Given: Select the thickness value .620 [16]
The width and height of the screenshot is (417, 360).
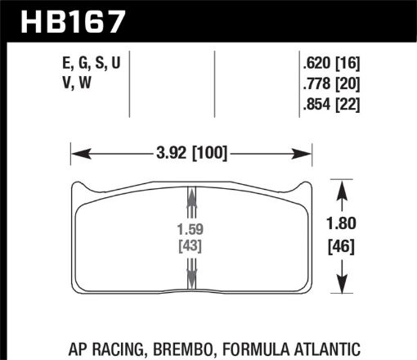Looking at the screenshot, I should click(331, 64).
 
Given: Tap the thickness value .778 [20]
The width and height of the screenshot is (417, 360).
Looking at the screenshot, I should click(331, 84).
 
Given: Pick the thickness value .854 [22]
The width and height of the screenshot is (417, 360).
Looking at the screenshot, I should click(331, 104).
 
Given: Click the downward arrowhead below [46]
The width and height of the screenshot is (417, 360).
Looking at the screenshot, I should click(342, 287).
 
